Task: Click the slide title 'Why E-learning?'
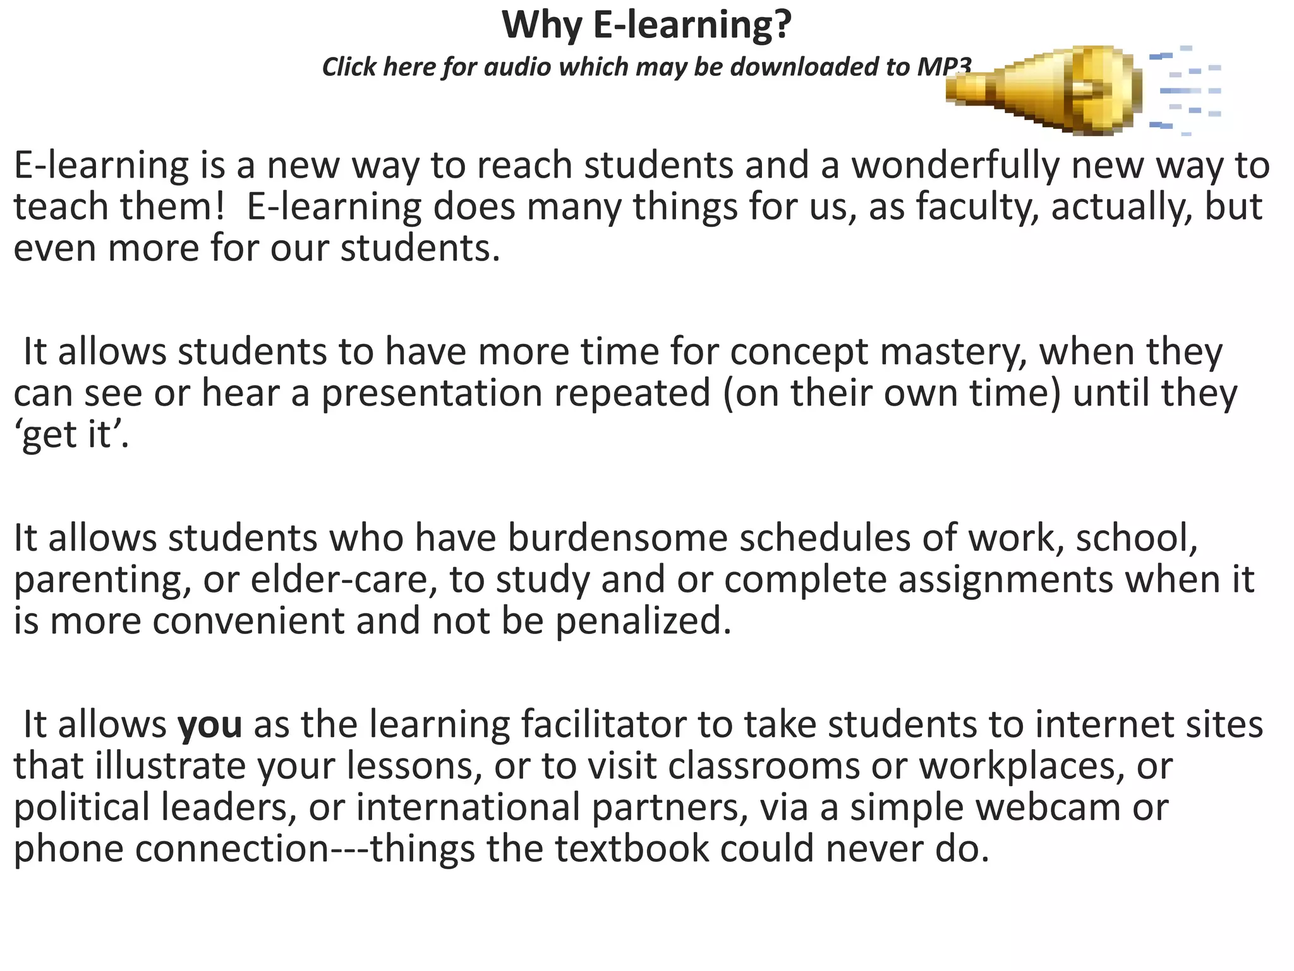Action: click(x=646, y=25)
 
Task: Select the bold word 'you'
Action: click(x=210, y=724)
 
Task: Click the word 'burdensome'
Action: click(x=618, y=538)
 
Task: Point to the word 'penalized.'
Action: click(x=643, y=621)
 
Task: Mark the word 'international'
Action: click(x=468, y=807)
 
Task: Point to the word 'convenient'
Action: click(x=248, y=621)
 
